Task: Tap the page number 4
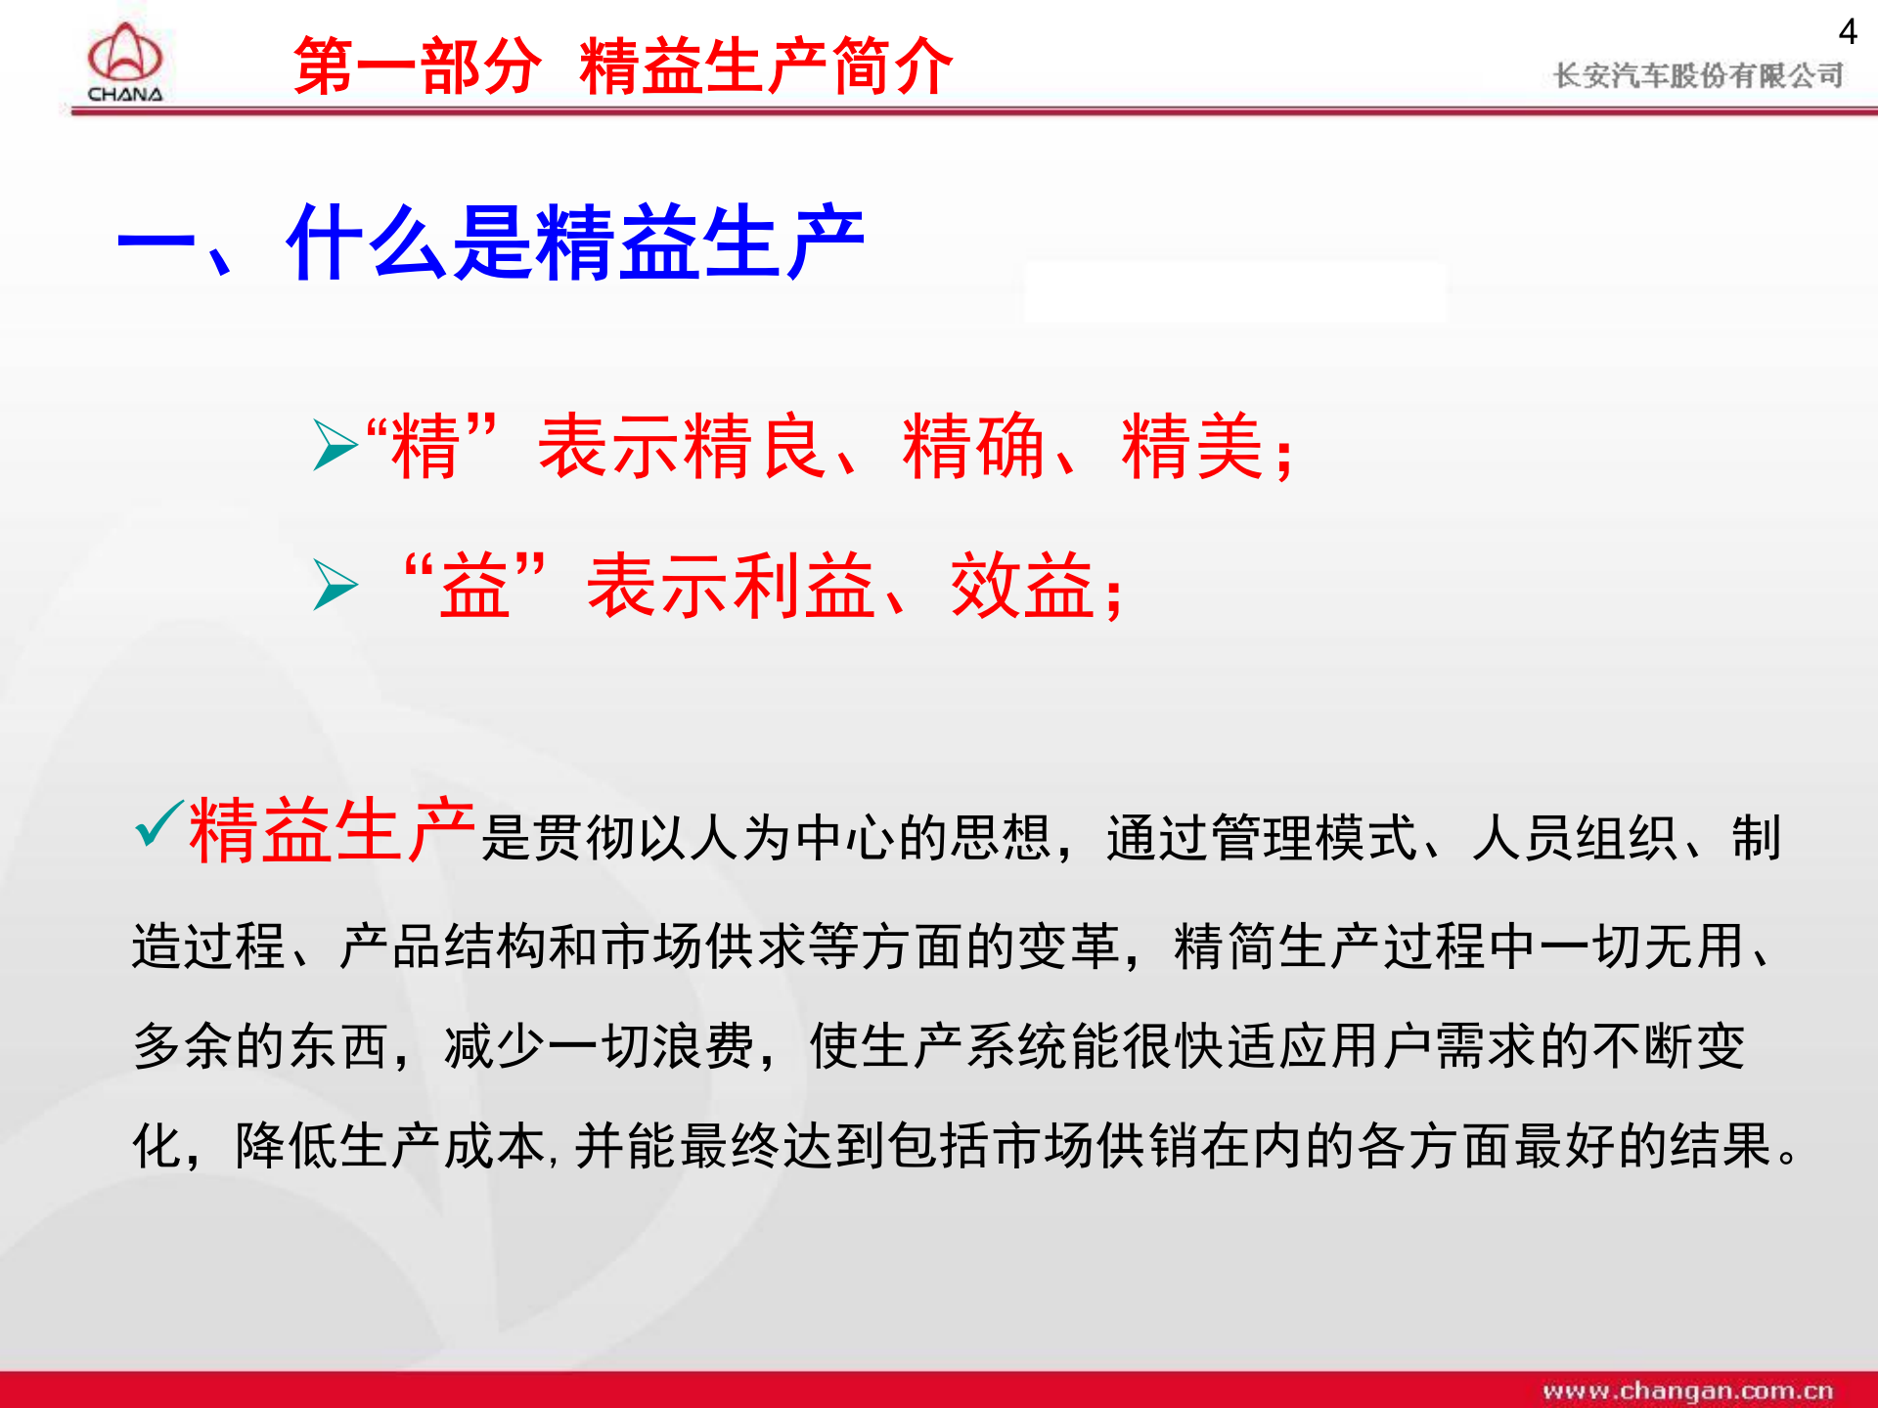(x=1847, y=32)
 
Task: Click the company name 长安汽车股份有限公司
(x=1698, y=75)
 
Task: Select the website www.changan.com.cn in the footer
(x=1687, y=1389)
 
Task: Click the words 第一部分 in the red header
(x=417, y=66)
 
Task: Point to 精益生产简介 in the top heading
(x=766, y=66)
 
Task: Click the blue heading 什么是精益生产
(x=575, y=243)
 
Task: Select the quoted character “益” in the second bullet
(x=475, y=585)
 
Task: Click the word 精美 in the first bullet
(x=1192, y=446)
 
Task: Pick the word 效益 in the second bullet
(x=1021, y=585)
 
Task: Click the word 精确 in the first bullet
(x=973, y=446)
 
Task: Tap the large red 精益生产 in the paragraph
(x=333, y=830)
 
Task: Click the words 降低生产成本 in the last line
(x=389, y=1146)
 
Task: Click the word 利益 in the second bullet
(x=803, y=585)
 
